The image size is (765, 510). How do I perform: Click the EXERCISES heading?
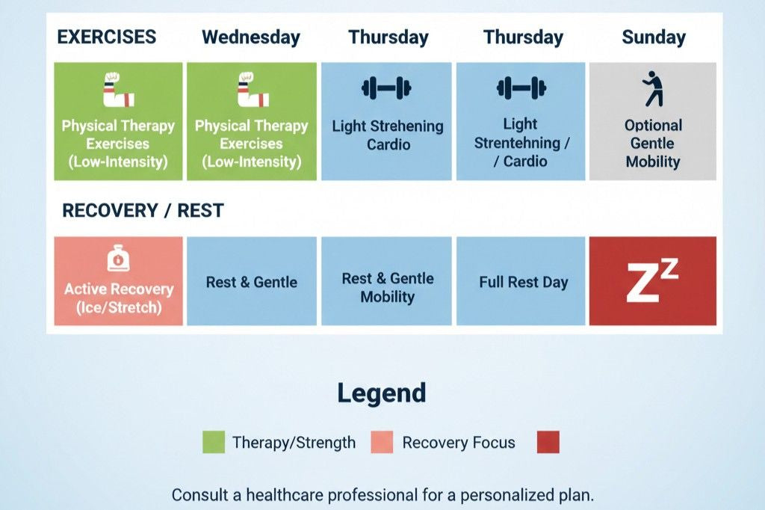[x=107, y=37]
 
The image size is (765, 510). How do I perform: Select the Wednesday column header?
[x=251, y=37]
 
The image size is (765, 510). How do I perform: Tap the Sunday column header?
[x=654, y=37]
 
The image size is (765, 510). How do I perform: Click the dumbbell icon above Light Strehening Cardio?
[x=386, y=88]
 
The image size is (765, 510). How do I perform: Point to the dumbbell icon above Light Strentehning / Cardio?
[x=521, y=88]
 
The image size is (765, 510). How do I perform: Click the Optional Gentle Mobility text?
[x=653, y=144]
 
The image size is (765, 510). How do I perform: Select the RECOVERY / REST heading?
[x=143, y=211]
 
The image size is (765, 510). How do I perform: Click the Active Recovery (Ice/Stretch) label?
[x=118, y=298]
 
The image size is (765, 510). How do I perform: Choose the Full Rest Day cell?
[x=523, y=283]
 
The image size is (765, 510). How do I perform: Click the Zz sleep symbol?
[x=652, y=282]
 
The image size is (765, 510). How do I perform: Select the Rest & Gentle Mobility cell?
[x=387, y=288]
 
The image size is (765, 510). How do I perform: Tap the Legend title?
[x=382, y=393]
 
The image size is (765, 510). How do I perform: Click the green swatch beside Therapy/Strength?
[x=214, y=443]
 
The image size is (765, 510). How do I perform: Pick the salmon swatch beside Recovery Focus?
[x=382, y=443]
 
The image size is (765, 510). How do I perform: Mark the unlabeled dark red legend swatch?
[x=548, y=443]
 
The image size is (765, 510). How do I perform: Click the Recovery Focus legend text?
[x=459, y=443]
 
